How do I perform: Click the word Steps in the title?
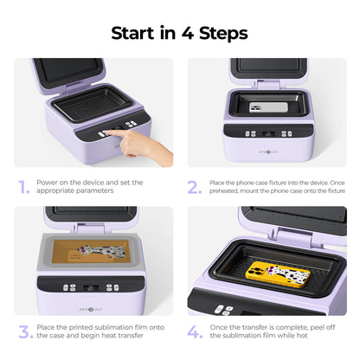[x=223, y=34]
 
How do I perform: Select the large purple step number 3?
[x=24, y=331]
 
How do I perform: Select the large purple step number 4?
[x=196, y=331]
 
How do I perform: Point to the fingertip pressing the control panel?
[x=105, y=134]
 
